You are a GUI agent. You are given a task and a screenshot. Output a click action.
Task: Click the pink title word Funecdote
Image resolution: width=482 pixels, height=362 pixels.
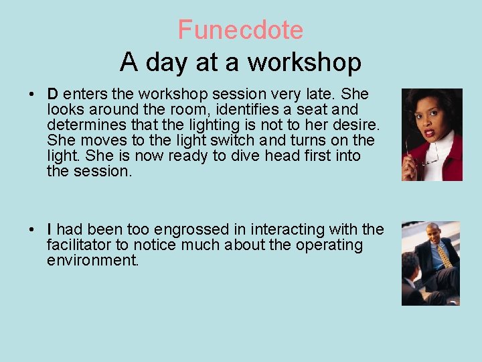coord(240,30)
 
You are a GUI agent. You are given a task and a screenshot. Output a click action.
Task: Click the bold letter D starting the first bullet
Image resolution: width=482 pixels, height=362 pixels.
coord(52,95)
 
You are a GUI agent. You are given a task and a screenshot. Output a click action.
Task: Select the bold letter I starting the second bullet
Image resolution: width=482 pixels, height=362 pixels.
coord(50,229)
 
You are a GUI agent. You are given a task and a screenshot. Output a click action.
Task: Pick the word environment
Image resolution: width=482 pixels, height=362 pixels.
coord(92,260)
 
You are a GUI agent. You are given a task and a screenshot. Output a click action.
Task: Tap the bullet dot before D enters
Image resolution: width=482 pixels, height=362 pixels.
coord(32,95)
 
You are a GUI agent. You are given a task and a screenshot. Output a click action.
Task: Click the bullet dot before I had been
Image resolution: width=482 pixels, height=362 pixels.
coord(32,229)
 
